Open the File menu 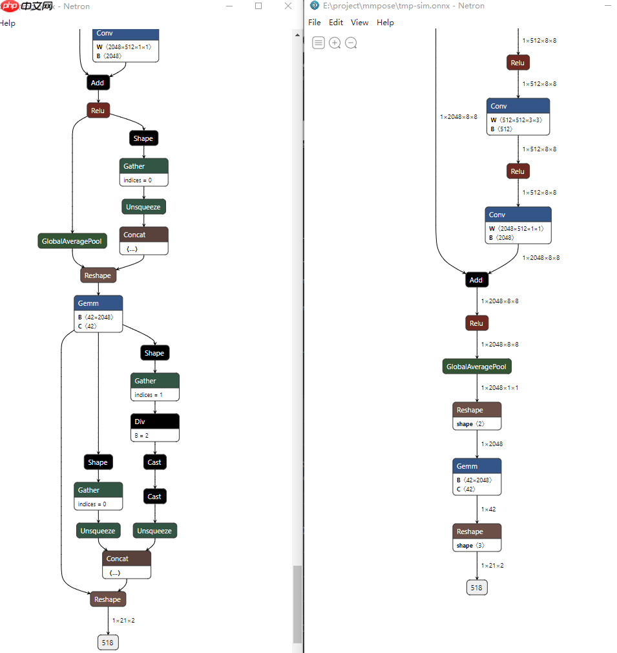click(x=315, y=23)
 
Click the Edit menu click(x=336, y=23)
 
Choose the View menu click(x=359, y=23)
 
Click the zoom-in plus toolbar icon click(x=335, y=43)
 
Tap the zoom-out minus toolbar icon click(x=351, y=43)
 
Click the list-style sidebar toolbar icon click(x=319, y=43)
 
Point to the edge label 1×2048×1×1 click(x=499, y=388)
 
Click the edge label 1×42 click(x=488, y=509)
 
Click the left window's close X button click(x=288, y=6)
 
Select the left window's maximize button click(x=258, y=6)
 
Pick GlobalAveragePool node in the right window click(x=477, y=367)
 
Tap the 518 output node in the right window click(x=477, y=588)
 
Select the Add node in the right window click(x=476, y=280)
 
